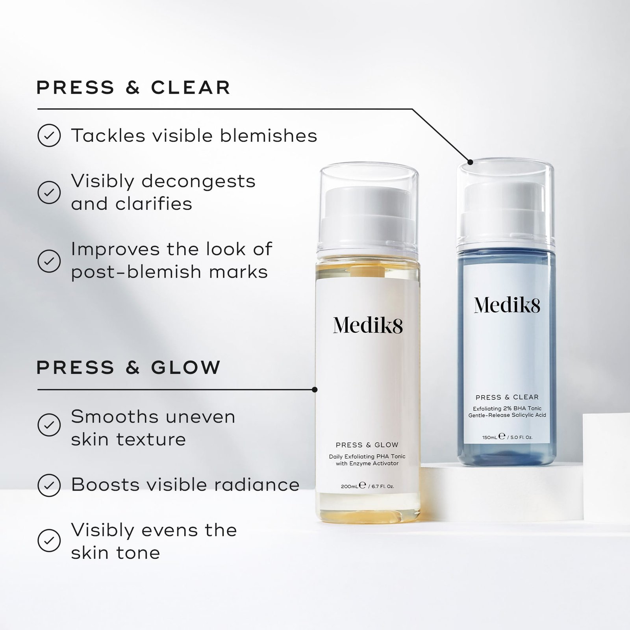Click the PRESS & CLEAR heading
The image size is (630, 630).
[133, 87]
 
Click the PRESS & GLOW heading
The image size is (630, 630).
[128, 367]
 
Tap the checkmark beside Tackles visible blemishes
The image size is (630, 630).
[49, 135]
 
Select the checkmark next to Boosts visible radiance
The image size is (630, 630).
[49, 485]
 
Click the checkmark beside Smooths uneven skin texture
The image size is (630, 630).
[49, 424]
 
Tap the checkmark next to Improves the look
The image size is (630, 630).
[49, 260]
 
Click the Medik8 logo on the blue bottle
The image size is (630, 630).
[507, 305]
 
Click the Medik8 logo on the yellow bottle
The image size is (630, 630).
[368, 325]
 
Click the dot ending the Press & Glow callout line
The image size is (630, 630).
[314, 390]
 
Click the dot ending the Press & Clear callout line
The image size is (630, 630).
[470, 161]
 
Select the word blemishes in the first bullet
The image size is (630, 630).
[268, 136]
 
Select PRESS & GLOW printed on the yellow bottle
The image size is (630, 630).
[367, 445]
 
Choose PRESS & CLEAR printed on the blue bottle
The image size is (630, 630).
[507, 397]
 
